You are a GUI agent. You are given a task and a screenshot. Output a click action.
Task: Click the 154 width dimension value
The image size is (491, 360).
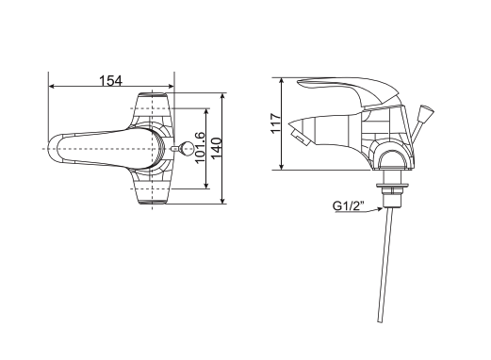[112, 80]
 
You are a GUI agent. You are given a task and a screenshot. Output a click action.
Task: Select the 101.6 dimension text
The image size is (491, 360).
[200, 148]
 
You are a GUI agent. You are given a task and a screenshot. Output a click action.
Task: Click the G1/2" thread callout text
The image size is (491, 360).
[350, 206]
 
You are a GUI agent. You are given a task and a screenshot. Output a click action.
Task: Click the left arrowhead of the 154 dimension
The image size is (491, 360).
[51, 89]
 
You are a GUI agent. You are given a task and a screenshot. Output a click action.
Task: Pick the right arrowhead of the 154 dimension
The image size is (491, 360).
[172, 89]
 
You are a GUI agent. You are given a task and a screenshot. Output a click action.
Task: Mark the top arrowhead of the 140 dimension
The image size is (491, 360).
[223, 95]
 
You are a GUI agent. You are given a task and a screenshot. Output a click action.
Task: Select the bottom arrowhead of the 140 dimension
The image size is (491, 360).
[223, 201]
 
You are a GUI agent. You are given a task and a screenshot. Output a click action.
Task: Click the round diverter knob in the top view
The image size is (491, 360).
[187, 149]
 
